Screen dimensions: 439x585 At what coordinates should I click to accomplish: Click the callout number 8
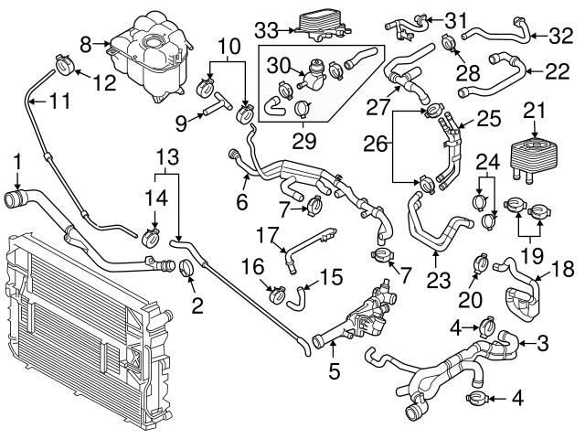[86, 42]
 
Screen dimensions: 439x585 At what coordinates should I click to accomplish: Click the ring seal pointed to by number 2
[188, 269]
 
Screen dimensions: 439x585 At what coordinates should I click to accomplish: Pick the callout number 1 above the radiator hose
[17, 163]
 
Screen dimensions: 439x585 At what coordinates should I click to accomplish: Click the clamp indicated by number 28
[448, 41]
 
